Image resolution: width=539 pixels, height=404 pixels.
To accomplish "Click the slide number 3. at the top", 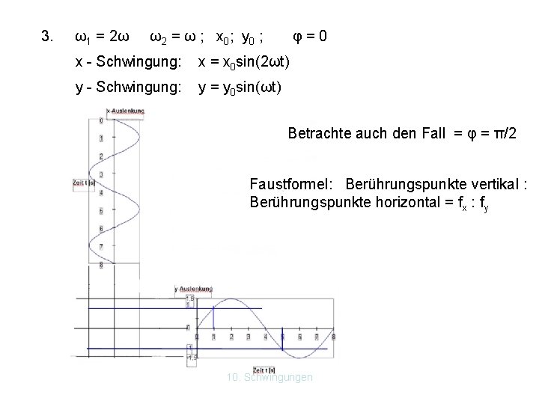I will tap(47, 37).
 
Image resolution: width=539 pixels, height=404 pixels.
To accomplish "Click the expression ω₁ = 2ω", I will tap(103, 37).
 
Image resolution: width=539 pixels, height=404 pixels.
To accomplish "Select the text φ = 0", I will tap(308, 37).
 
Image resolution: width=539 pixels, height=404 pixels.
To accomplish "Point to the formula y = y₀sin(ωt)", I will tap(240, 88).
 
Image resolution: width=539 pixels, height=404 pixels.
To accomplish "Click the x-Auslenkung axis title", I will tap(125, 111).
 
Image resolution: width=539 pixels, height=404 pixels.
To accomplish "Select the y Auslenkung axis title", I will tap(193, 288).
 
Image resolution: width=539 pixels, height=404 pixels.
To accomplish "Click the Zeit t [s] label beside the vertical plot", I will tap(83, 182).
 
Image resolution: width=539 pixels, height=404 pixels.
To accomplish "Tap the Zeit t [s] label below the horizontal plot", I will tap(267, 370).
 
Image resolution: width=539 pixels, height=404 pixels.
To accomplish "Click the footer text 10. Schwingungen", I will tap(269, 377).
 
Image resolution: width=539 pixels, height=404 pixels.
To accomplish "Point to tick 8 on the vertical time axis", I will tap(101, 264).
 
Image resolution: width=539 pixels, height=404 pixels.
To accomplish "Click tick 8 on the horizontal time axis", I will tap(334, 337).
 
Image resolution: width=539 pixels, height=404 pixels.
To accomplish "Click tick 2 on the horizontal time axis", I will tap(231, 337).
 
